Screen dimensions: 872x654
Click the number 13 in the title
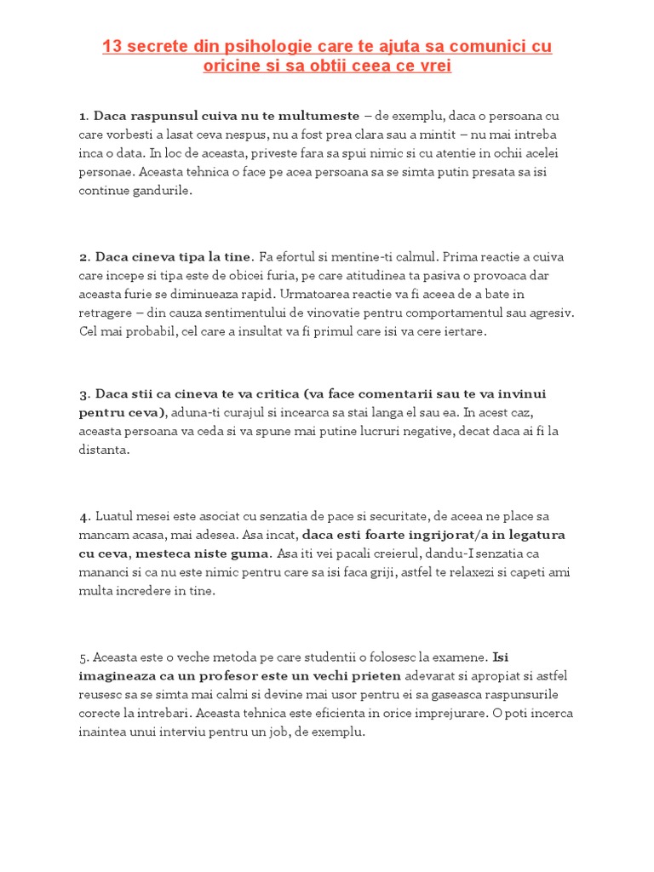pos(112,47)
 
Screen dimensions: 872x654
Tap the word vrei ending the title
pos(433,66)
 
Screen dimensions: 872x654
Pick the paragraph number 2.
pos(83,257)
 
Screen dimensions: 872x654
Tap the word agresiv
pos(551,313)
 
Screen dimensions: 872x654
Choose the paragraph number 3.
pos(83,395)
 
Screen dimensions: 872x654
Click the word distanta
pos(104,450)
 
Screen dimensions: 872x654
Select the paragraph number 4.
pos(83,517)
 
